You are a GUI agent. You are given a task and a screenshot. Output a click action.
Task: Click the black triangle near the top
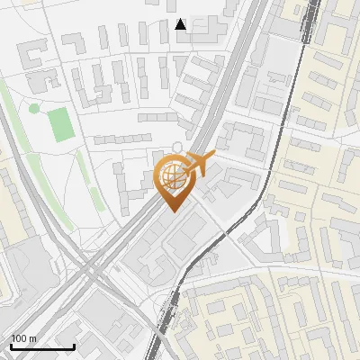(181, 24)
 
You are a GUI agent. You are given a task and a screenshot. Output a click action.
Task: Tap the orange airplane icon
(200, 164)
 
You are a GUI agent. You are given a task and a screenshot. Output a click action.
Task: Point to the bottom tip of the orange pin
(174, 211)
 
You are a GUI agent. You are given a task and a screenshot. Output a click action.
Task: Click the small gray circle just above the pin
(178, 147)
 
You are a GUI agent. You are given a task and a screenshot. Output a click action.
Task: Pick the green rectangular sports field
(61, 124)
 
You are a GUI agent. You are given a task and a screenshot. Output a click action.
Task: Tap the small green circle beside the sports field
(34, 109)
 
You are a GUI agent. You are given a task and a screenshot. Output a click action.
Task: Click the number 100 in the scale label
(18, 338)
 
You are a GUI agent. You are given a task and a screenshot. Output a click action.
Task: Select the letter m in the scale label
(32, 338)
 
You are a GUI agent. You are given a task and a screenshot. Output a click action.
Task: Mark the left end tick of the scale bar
(10, 346)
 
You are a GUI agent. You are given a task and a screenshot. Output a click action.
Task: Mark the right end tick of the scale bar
(74, 346)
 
